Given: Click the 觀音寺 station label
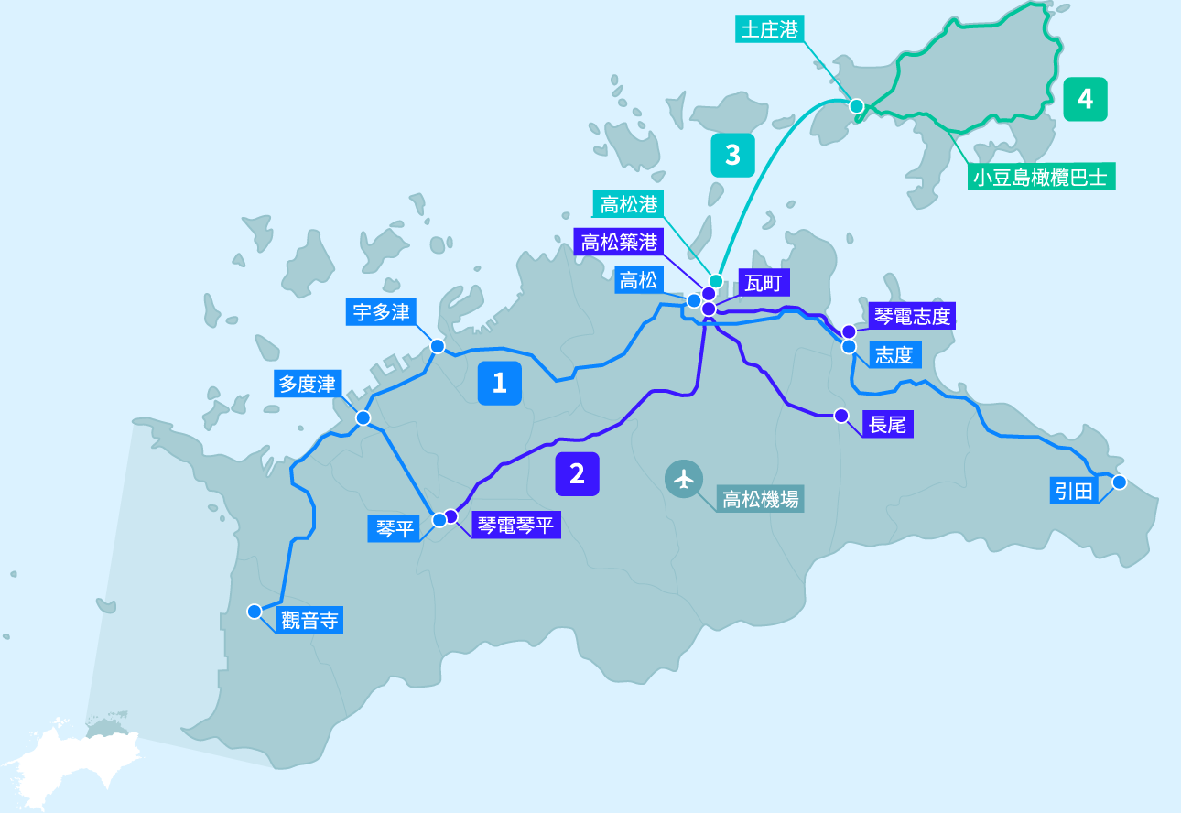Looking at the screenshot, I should (x=309, y=621).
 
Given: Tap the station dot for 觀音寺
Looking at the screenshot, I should (x=254, y=611).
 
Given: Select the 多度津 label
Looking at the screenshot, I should (x=308, y=384).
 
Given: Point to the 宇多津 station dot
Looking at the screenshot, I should (x=438, y=346).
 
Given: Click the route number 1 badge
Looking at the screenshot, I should (x=499, y=383).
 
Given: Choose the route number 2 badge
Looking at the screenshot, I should (x=577, y=473).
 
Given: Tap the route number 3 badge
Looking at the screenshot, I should (x=732, y=155).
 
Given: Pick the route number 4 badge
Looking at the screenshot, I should (x=1085, y=99).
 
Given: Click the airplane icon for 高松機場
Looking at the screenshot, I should (x=683, y=479).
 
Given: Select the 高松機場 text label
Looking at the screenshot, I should (x=760, y=499).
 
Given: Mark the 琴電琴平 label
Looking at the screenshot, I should (x=515, y=526).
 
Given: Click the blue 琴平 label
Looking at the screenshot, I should (x=395, y=528).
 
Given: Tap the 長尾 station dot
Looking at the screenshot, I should (x=841, y=416).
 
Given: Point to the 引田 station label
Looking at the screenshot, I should (x=1074, y=492).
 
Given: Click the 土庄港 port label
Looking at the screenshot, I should (x=769, y=29).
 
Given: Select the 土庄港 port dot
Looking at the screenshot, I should (x=856, y=106).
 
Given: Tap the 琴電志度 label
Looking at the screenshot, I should (x=912, y=317).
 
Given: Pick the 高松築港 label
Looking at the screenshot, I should (x=619, y=243).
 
